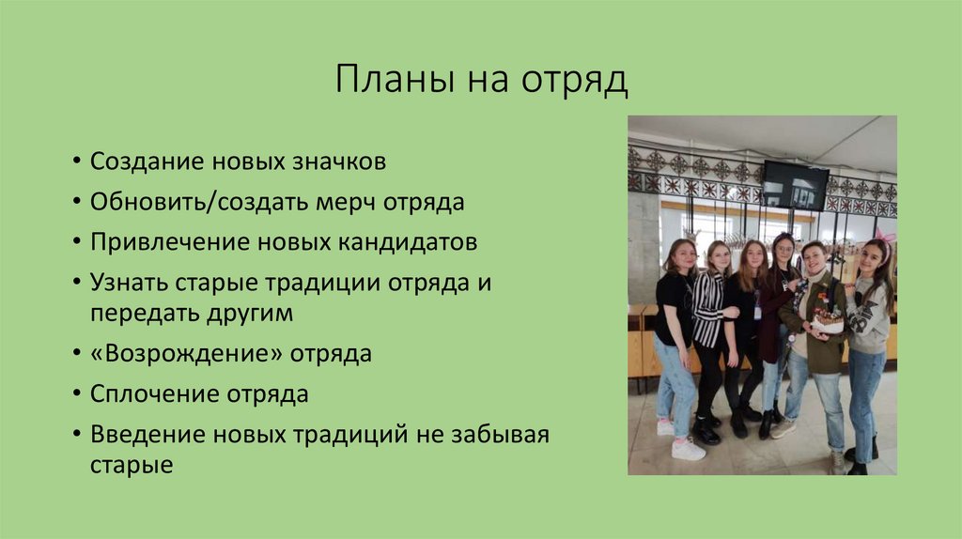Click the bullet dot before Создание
point(75,162)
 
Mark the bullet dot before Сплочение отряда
point(75,395)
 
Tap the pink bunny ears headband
point(885,238)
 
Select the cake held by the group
point(828,322)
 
